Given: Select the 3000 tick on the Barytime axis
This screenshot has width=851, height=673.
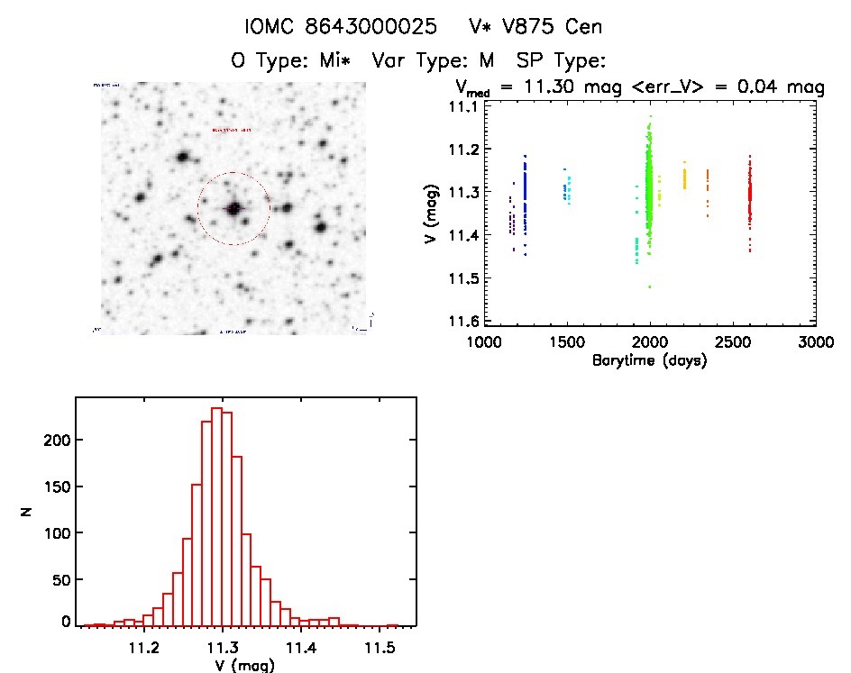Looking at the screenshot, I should (815, 343).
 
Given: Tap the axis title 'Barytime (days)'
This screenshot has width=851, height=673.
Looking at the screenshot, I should (649, 360).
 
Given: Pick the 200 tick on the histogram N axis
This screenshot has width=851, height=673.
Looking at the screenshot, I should (55, 441).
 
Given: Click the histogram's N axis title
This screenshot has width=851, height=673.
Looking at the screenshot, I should (26, 511).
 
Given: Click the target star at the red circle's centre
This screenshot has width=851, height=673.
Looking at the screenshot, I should (234, 208).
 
